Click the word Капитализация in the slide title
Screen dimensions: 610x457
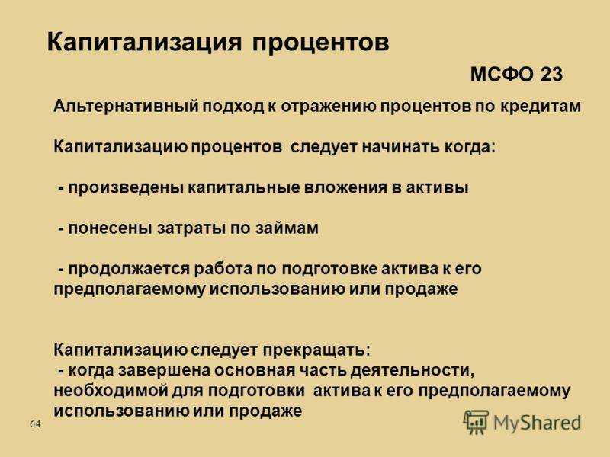tap(144, 42)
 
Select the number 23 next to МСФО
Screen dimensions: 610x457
tap(551, 74)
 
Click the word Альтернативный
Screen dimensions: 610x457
tap(126, 107)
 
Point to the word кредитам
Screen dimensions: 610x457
tap(541, 107)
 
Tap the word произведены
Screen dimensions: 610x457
tap(126, 187)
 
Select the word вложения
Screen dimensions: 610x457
tap(345, 187)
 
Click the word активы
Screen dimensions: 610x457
tap(437, 187)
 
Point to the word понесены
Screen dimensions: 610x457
tap(110, 228)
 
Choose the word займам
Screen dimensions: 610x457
tap(287, 228)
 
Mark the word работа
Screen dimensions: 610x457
tap(223, 269)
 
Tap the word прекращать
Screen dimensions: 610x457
tap(316, 350)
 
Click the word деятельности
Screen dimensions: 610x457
tap(413, 371)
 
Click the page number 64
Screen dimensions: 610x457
tap(35, 423)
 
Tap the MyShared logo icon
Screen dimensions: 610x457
tap(475, 422)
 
